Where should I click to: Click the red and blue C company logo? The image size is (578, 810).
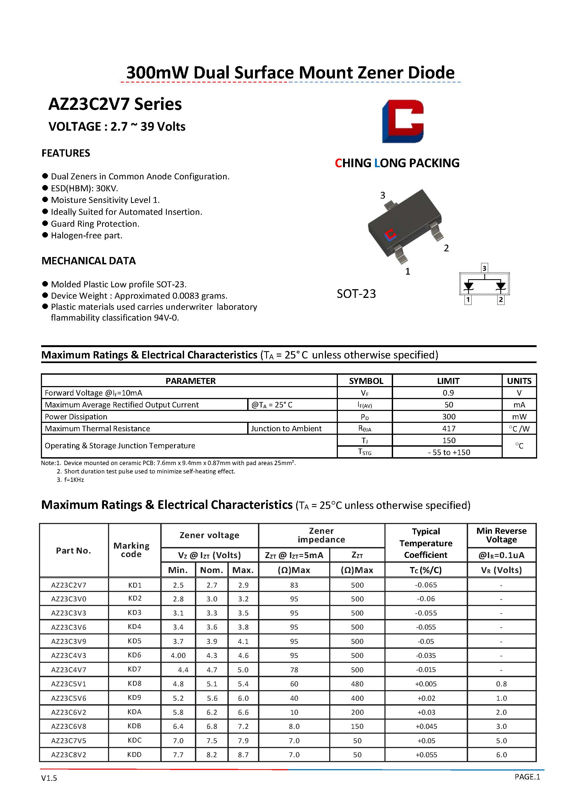[x=403, y=121]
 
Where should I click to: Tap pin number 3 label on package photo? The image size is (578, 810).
[x=383, y=195]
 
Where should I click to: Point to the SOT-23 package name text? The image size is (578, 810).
[x=356, y=294]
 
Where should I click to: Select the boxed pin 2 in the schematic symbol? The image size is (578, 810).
[x=501, y=300]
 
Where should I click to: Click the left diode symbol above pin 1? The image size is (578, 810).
[x=468, y=286]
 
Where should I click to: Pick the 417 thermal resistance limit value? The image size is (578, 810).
[x=448, y=429]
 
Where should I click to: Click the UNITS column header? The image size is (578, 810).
[x=519, y=381]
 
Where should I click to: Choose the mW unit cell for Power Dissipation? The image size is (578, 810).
[x=519, y=417]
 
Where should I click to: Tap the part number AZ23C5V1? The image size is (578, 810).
[x=69, y=684]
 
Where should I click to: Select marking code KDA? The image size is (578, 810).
[x=135, y=712]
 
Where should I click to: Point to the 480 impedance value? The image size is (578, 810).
[x=357, y=684]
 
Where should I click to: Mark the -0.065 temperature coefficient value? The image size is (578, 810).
[x=426, y=585]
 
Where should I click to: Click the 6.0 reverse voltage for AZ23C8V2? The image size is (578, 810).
[x=501, y=755]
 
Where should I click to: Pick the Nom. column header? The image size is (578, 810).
[x=211, y=570]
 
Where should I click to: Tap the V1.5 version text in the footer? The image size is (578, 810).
[x=49, y=778]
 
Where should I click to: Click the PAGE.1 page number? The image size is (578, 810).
[x=527, y=777]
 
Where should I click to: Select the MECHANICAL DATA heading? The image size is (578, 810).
[x=89, y=261]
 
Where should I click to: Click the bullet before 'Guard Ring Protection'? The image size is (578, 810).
[x=45, y=223]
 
